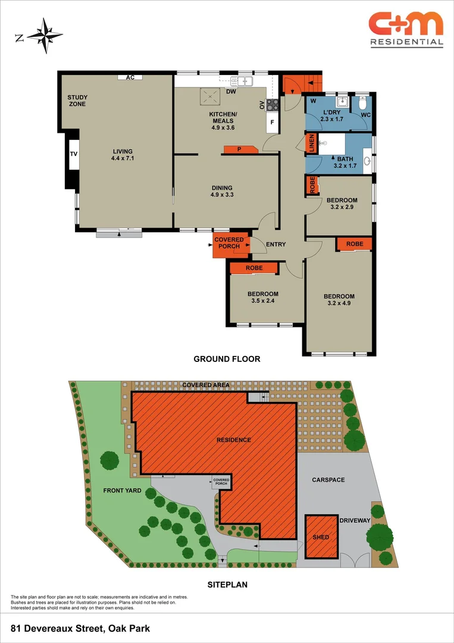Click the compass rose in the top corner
click(45, 36)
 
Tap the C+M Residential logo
click(406, 30)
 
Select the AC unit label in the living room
click(130, 77)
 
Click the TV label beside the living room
click(74, 154)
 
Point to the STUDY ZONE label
click(77, 101)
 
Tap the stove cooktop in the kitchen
click(273, 105)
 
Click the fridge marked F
click(272, 122)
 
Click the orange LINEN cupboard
click(311, 143)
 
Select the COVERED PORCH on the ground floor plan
click(230, 245)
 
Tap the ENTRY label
click(275, 245)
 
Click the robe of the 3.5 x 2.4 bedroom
click(254, 268)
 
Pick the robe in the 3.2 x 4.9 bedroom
click(355, 244)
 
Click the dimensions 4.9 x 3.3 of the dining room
click(222, 195)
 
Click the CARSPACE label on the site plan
click(328, 480)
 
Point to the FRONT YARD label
click(122, 491)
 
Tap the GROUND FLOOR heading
click(227, 359)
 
